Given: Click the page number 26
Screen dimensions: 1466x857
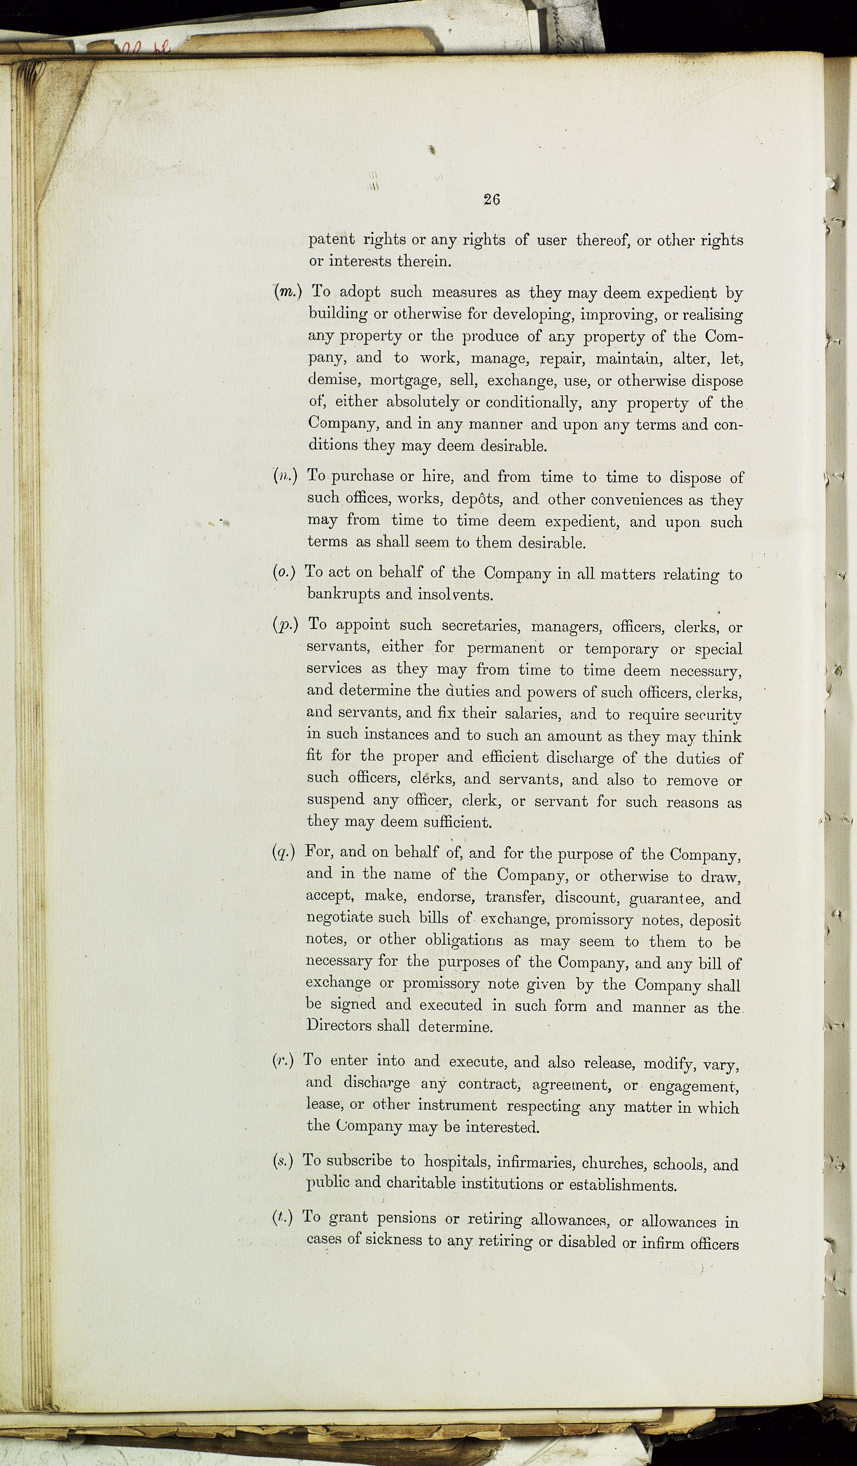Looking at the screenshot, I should [491, 200].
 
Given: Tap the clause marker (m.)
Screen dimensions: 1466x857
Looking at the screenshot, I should [287, 291].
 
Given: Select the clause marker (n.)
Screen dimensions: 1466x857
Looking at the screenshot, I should [285, 476].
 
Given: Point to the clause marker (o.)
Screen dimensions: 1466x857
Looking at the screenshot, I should [284, 573].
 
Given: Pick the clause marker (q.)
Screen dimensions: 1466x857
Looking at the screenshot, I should [284, 852].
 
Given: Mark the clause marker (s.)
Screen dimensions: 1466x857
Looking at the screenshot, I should [282, 1161].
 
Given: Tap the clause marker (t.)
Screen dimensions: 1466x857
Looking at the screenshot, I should [282, 1217].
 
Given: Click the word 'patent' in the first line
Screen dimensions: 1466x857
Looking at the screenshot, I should [332, 239].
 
